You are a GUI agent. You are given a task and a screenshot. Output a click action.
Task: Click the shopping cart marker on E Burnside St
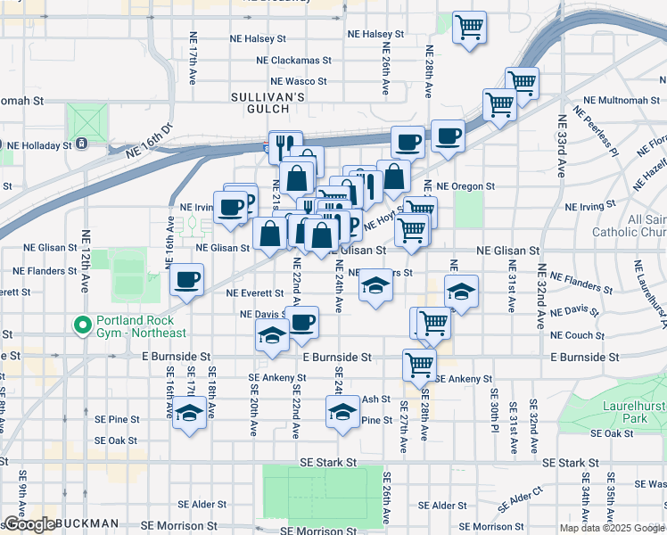(418, 363)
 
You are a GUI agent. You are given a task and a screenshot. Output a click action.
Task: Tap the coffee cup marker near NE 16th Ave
(187, 279)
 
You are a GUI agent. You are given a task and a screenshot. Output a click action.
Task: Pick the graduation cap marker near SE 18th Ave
(188, 413)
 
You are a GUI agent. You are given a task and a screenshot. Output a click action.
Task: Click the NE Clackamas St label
(293, 61)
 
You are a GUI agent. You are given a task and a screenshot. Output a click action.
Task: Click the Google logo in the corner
(29, 524)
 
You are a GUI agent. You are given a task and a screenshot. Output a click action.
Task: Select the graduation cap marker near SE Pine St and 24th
(341, 412)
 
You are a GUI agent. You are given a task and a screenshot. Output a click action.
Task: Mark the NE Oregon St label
(465, 186)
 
